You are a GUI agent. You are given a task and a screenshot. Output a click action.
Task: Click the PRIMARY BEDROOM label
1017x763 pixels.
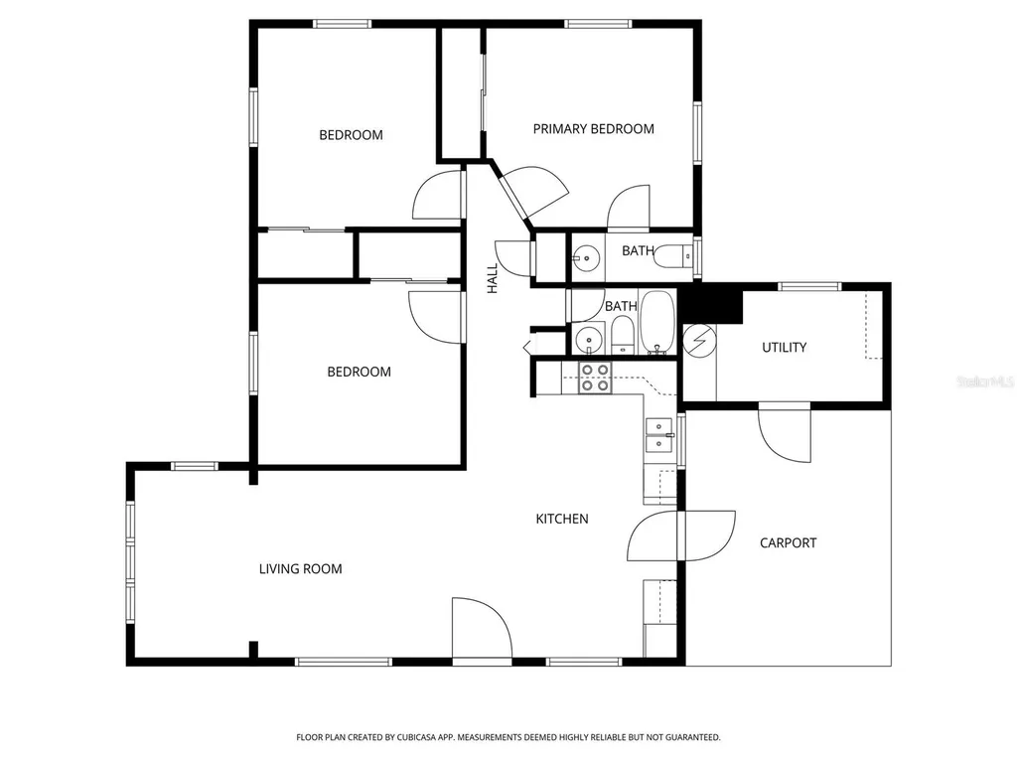pos(593,129)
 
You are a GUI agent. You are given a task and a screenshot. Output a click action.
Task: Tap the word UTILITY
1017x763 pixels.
pos(784,348)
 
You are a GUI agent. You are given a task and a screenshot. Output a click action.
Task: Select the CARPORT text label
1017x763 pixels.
pos(788,542)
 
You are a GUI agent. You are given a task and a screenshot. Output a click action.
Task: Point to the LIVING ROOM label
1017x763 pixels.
pos(300,569)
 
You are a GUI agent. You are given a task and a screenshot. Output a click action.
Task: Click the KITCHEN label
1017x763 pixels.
pos(562,519)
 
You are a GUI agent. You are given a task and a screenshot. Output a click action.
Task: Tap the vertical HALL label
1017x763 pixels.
pos(492,278)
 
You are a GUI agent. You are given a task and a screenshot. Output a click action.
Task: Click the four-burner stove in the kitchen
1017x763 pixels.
pos(595,379)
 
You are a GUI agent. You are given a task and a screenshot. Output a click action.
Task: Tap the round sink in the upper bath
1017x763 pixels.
pos(587,258)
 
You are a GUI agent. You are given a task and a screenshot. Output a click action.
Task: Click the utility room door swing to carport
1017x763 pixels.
pos(785,435)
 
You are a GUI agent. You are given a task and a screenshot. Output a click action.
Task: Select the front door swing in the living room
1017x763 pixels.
pos(482,628)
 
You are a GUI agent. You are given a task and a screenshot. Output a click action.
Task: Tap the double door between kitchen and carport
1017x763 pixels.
pos(680,535)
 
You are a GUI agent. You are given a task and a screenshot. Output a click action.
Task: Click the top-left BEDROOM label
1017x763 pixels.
pos(351,135)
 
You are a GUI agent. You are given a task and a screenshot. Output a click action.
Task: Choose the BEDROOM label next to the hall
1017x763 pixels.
pos(360,372)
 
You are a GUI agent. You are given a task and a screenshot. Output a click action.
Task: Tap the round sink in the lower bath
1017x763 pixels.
pos(589,339)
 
